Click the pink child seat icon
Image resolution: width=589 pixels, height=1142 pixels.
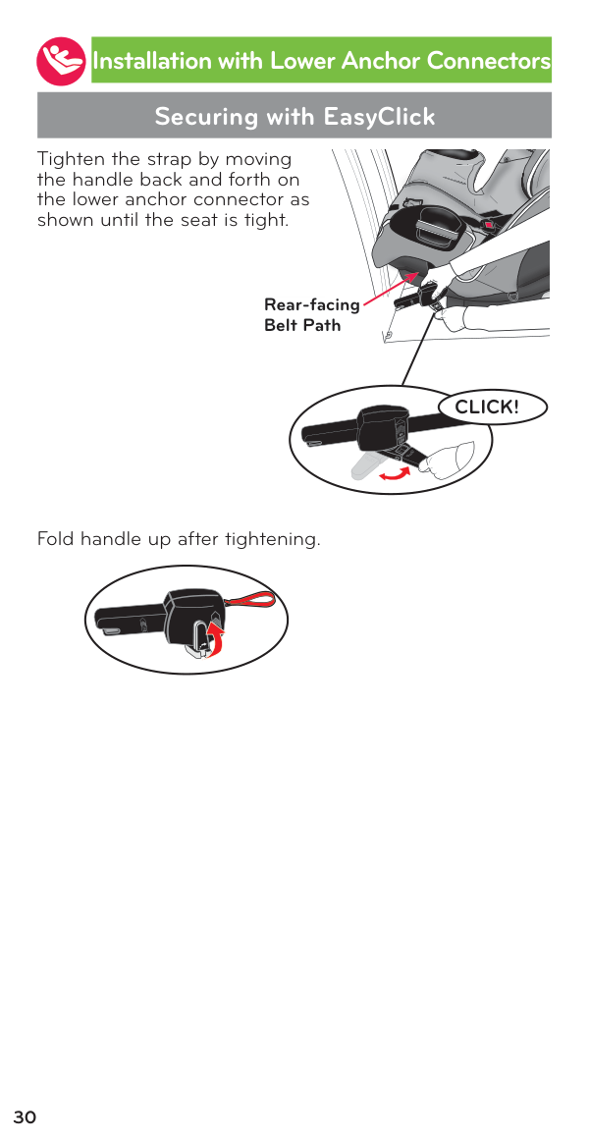coord(61,61)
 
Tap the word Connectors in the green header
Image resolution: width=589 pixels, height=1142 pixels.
coord(489,61)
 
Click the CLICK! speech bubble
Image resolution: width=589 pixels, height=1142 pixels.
coord(492,408)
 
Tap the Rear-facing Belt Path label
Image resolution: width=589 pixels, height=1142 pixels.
coord(311,314)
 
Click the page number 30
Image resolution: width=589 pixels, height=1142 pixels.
coord(25,1117)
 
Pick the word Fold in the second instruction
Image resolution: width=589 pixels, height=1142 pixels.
coord(55,540)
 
